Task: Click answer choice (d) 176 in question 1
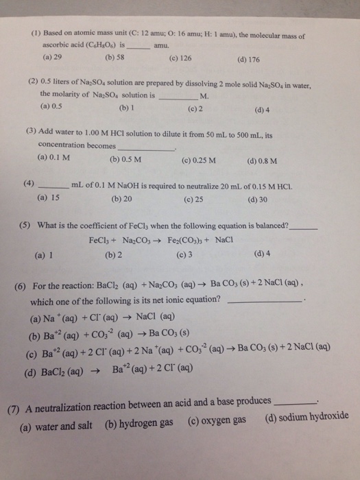[250, 58]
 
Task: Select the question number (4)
[28, 184]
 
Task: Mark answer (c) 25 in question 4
[194, 200]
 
